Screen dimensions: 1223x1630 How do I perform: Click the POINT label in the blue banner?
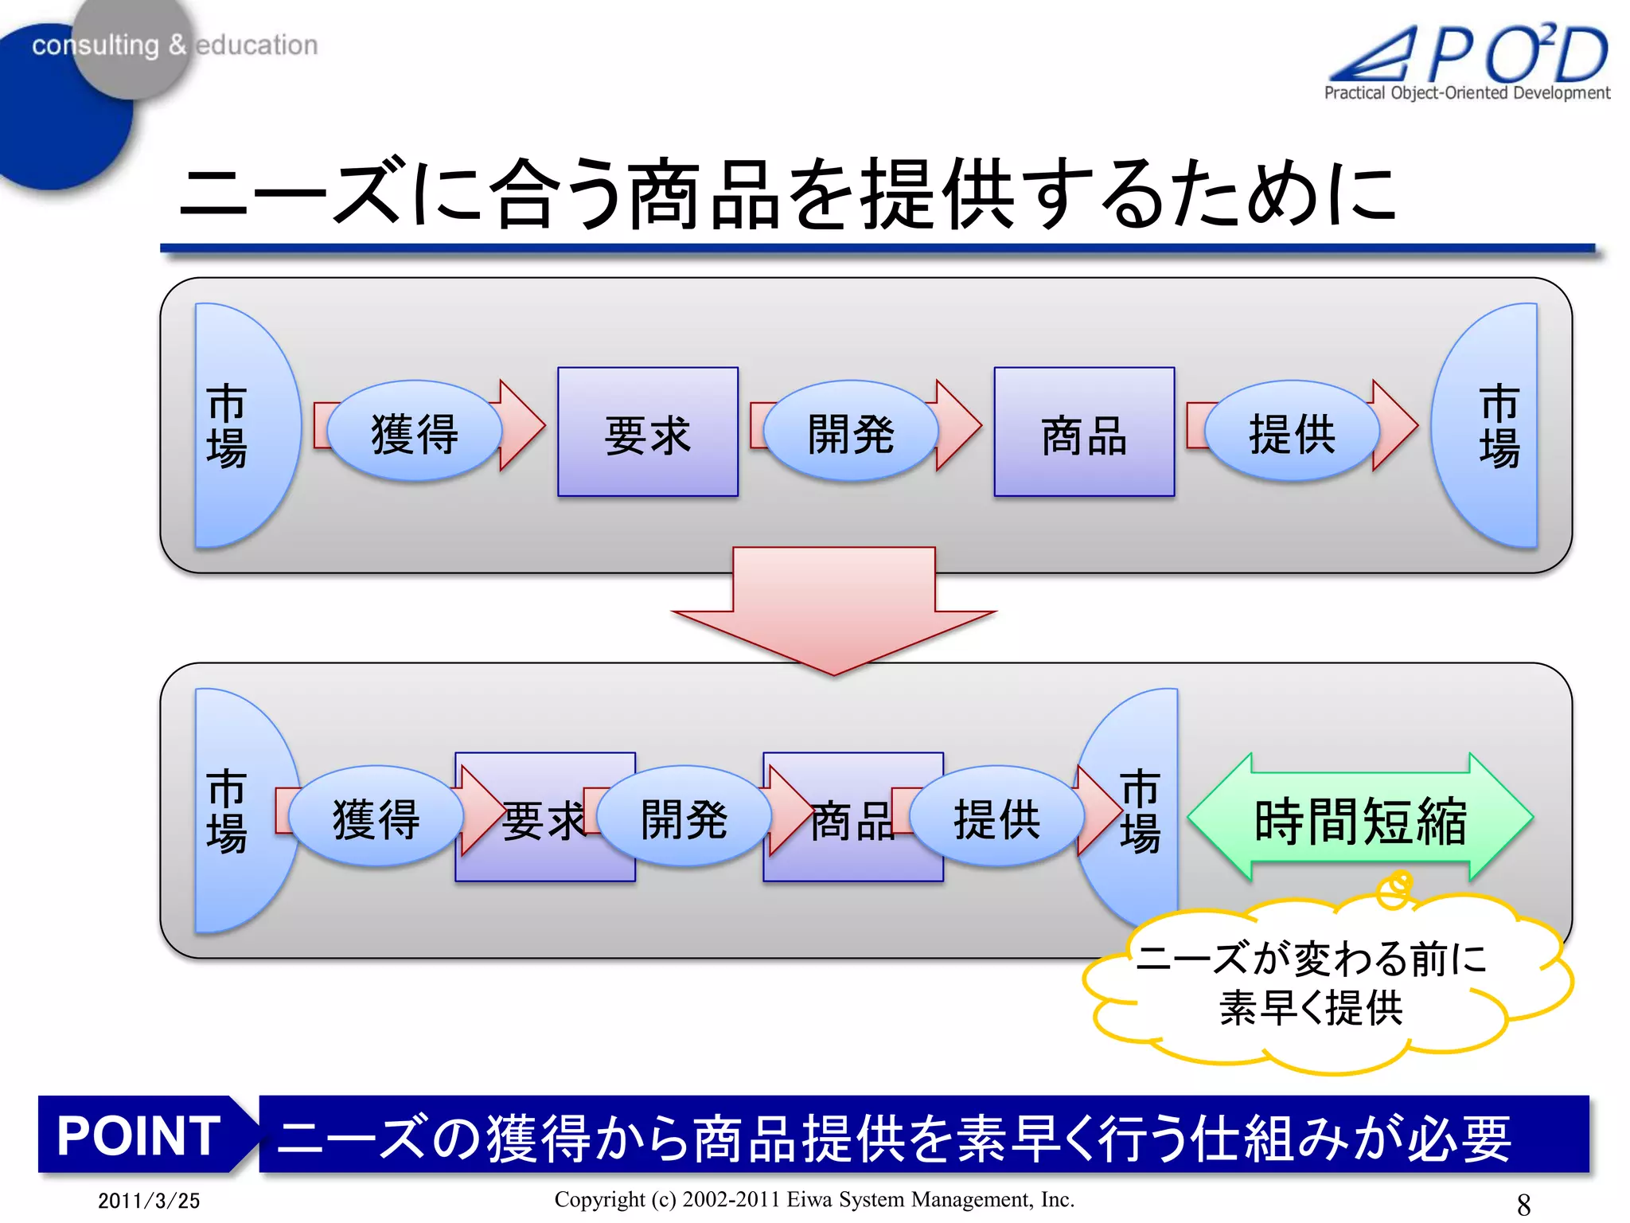[x=138, y=1135]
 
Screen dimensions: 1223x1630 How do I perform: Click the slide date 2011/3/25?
[x=149, y=1201]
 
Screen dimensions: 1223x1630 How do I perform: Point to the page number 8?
[x=1523, y=1204]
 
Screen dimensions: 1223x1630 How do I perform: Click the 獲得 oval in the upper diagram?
[x=415, y=432]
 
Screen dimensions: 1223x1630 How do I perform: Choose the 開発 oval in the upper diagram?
[x=851, y=432]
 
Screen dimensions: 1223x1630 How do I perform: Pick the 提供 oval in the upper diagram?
[x=1291, y=432]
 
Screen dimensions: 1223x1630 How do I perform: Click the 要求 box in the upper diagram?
[x=647, y=432]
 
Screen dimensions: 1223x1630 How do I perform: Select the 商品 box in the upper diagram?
[x=1084, y=432]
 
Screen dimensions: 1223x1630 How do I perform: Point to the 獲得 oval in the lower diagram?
[x=376, y=817]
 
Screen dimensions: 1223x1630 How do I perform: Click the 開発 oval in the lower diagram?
[x=684, y=817]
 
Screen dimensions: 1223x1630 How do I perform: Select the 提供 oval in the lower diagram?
[x=996, y=817]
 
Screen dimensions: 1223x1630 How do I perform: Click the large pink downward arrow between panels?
[x=833, y=609]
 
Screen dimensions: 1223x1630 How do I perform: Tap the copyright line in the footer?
[x=814, y=1199]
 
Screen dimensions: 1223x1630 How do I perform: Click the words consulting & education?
[x=174, y=45]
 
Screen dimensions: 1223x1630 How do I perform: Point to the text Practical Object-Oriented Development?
[x=1466, y=93]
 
